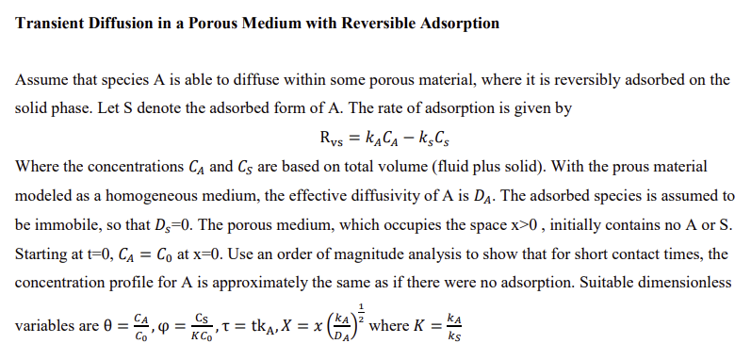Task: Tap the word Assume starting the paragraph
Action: tap(41, 80)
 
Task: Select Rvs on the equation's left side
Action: tap(330, 142)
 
